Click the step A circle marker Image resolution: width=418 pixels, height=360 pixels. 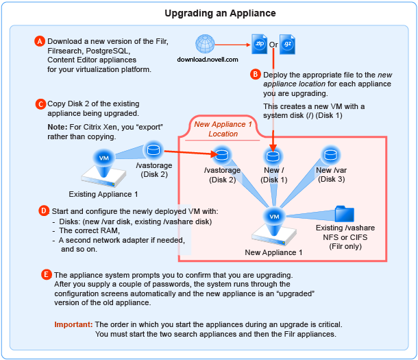point(40,41)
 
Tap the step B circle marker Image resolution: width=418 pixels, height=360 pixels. point(256,73)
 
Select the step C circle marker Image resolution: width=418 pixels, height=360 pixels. point(40,104)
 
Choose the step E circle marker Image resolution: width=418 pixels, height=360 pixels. point(47,275)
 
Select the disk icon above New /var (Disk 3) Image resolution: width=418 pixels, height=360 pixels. point(330,154)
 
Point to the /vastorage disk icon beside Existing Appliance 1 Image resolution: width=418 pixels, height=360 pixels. point(152,149)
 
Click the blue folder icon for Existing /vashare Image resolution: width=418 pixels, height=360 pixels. point(345,214)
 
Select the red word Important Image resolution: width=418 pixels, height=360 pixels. point(73,324)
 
